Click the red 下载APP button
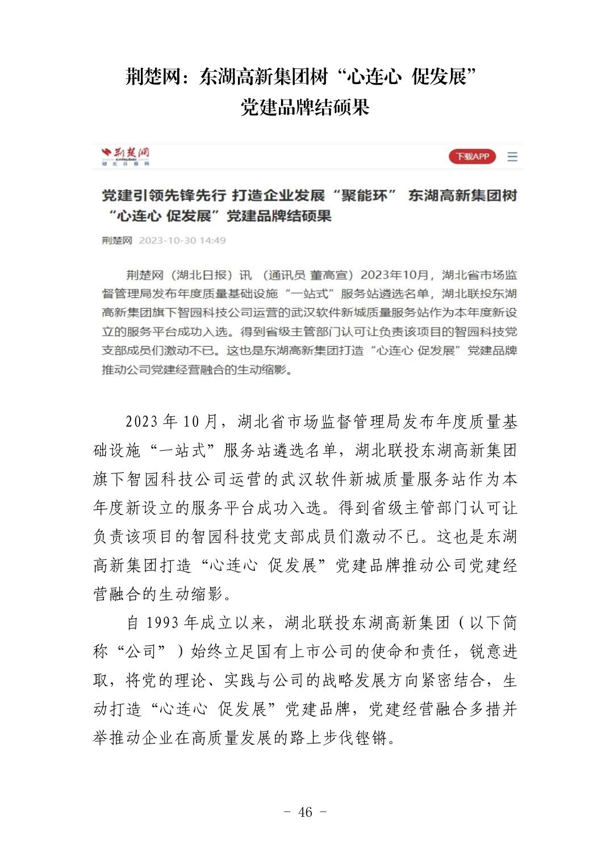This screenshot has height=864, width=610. pyautogui.click(x=472, y=156)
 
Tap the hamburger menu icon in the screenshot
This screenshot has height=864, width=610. pyautogui.click(x=512, y=156)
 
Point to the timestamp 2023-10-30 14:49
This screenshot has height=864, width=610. pyautogui.click(x=182, y=240)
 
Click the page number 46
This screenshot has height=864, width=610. pyautogui.click(x=305, y=812)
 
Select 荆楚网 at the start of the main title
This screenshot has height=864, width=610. pyautogui.click(x=152, y=76)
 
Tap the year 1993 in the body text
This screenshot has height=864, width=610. pyautogui.click(x=162, y=623)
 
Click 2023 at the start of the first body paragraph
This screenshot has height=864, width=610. pyautogui.click(x=141, y=422)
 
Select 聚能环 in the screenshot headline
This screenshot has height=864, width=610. pyautogui.click(x=364, y=196)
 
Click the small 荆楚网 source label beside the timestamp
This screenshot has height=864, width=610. pyautogui.click(x=116, y=240)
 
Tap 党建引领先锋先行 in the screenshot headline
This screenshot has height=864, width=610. pyautogui.click(x=164, y=196)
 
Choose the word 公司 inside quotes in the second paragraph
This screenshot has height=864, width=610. pyautogui.click(x=141, y=652)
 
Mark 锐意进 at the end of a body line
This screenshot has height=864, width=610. pyautogui.click(x=494, y=652)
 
